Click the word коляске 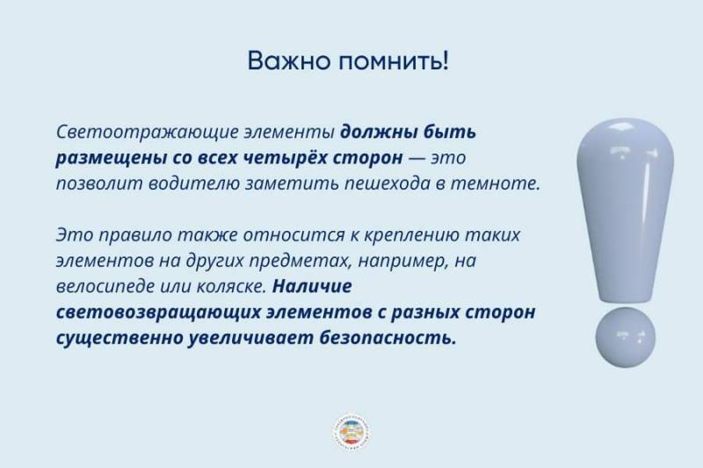pos(233,287)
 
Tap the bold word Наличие pos(312,287)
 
